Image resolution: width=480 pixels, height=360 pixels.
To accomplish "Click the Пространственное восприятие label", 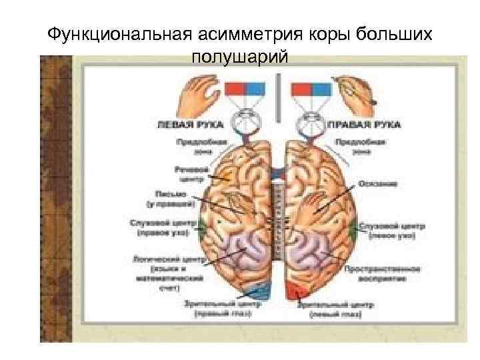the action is pos(382,273).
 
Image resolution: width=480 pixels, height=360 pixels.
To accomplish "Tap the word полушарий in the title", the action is pos(240,57).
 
